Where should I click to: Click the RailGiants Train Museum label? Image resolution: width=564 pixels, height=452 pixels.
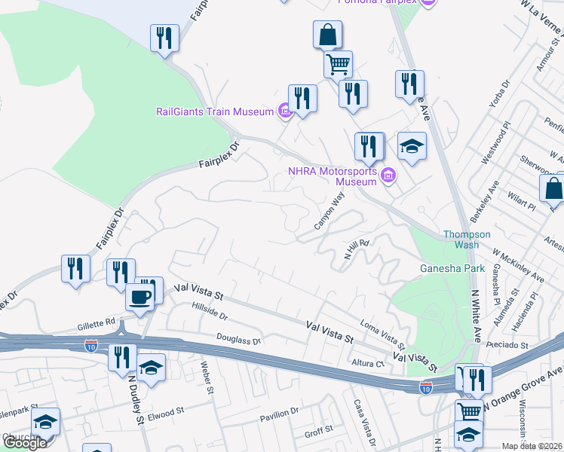214,111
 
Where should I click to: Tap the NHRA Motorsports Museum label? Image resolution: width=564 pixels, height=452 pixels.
333,176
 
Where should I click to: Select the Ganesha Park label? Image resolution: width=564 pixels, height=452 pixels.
452,268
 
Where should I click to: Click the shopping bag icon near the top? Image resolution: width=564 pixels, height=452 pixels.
327,35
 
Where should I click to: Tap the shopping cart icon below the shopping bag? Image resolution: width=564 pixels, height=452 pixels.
338,64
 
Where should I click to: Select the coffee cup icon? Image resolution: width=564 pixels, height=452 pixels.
139,296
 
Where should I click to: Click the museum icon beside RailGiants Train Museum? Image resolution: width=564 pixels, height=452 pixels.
284,112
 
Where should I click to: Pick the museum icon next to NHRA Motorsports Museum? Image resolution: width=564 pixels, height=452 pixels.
388,176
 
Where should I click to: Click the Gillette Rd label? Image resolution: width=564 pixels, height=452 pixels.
96,325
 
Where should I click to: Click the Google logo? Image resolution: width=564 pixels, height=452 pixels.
25,442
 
